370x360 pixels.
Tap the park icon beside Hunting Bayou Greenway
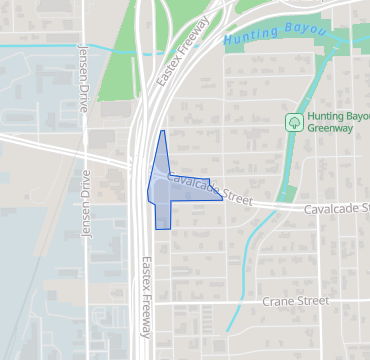pyautogui.click(x=294, y=122)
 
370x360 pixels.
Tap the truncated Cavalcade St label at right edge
pyautogui.click(x=337, y=208)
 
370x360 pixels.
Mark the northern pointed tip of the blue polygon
pyautogui.click(x=162, y=131)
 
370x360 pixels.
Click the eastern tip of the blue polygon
pyautogui.click(x=222, y=198)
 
